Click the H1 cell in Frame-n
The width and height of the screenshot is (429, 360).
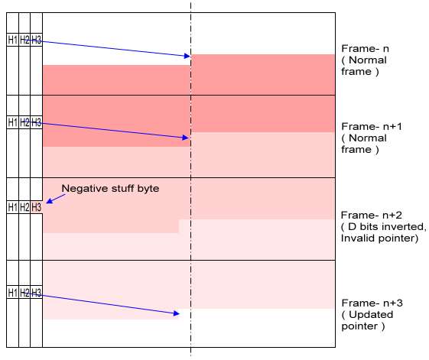pos(12,40)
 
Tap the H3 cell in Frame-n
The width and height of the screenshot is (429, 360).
pos(36,40)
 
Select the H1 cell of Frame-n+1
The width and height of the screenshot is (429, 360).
pos(12,122)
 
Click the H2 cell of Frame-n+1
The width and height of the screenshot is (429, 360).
pos(24,122)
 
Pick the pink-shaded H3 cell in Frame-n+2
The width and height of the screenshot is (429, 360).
pos(36,207)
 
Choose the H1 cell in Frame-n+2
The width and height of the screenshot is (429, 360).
pos(12,207)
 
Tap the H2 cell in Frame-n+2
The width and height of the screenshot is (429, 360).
pos(24,207)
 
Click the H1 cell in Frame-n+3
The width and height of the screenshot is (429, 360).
pos(12,293)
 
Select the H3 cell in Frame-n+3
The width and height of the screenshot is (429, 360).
pos(36,293)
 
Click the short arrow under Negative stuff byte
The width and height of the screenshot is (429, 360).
pos(56,199)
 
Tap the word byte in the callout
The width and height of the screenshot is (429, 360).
pos(148,189)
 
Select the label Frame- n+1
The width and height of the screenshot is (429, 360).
pos(372,126)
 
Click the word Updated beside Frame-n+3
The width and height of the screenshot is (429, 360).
pos(371,315)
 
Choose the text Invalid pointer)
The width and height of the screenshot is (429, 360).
pos(379,238)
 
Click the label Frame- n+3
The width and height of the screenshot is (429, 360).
pos(372,303)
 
